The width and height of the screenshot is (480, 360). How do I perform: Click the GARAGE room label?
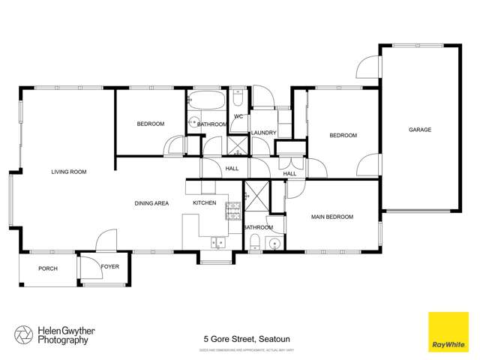pos(420,130)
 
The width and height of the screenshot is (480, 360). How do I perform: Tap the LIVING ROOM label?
pos(69,172)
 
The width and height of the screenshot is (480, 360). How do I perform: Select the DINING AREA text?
pos(151,203)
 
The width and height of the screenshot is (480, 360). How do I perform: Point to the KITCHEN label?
pos(205,203)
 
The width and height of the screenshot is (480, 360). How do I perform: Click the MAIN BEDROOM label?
pos(332,217)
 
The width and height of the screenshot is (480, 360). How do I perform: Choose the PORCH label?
pos(48,268)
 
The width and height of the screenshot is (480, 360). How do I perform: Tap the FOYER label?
pos(110,266)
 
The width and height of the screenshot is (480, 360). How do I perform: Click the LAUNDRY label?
pos(264,133)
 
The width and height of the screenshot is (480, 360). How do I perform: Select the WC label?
pos(238,117)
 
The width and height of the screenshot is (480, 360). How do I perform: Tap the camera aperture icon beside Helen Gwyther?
pos(23,334)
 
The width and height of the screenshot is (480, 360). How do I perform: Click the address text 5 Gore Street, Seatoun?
pos(240,339)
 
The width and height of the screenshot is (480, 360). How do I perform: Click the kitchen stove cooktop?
pos(232,210)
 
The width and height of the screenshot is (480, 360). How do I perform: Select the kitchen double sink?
pos(219,241)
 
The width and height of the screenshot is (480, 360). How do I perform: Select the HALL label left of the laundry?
pos(232,169)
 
